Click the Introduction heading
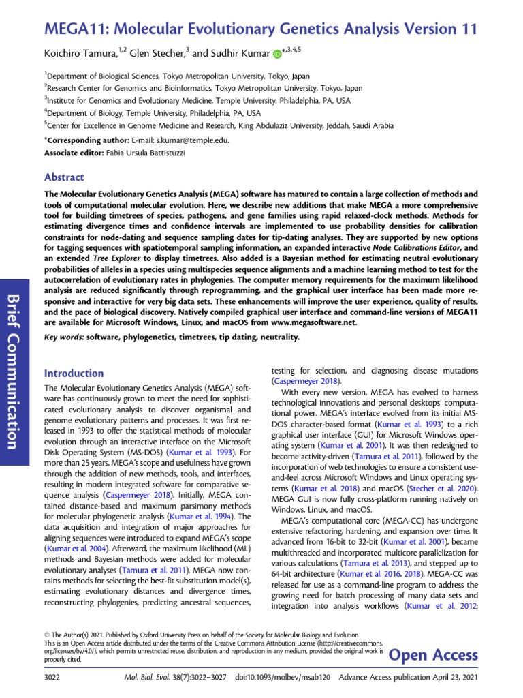74,373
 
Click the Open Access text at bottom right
432,655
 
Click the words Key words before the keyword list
64,337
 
